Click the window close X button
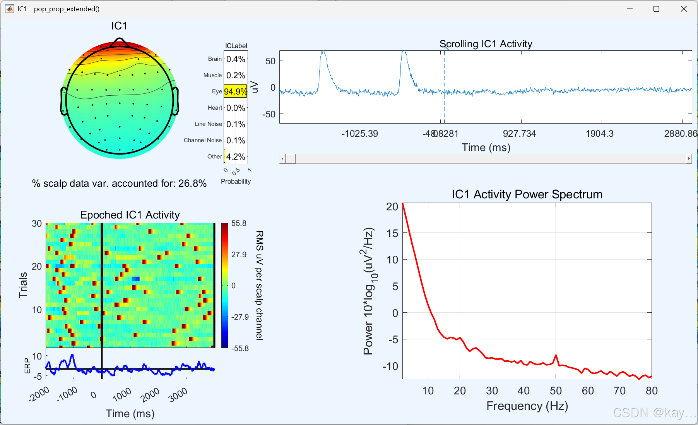[684, 9]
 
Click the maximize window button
[656, 9]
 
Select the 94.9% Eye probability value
[235, 91]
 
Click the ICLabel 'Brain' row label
[215, 59]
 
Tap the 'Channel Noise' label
[203, 140]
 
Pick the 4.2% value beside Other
[236, 157]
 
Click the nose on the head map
[120, 42]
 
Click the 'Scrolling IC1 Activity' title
[486, 44]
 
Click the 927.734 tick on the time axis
[519, 134]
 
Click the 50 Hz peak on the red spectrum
[556, 355]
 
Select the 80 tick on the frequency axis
[652, 391]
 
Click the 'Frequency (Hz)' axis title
[527, 406]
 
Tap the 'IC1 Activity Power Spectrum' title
[527, 194]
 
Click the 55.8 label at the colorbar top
[239, 223]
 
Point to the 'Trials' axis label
[23, 285]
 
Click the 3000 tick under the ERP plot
[178, 395]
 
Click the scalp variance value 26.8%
[192, 183]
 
